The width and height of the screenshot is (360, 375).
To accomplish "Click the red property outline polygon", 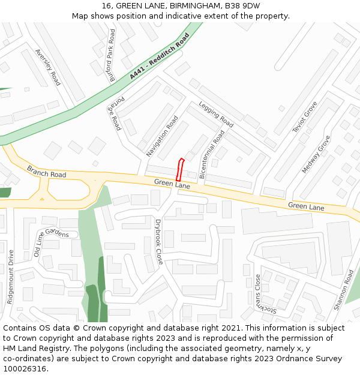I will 180,169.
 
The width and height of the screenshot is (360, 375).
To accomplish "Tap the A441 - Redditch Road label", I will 159,56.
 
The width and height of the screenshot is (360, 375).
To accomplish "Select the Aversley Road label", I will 48,67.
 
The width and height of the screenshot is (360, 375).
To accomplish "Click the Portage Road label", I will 115,113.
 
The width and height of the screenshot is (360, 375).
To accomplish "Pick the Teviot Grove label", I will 305,121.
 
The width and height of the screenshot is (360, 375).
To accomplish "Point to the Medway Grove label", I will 316,154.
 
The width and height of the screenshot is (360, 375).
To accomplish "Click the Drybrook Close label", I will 159,242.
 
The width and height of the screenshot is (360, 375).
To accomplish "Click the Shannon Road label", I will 344,289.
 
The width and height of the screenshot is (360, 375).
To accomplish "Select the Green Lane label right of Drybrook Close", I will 305,206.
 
